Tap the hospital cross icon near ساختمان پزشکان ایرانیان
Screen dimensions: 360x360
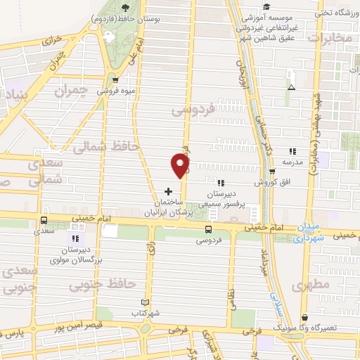(168, 191)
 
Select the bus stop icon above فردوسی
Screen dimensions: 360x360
(208, 229)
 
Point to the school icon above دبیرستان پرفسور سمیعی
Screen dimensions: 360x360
(221, 183)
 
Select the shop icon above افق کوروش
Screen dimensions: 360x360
(272, 171)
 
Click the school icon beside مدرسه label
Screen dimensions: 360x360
(292, 150)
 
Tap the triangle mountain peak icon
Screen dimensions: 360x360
(291, 87)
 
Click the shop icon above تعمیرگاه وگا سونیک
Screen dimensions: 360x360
(304, 319)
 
